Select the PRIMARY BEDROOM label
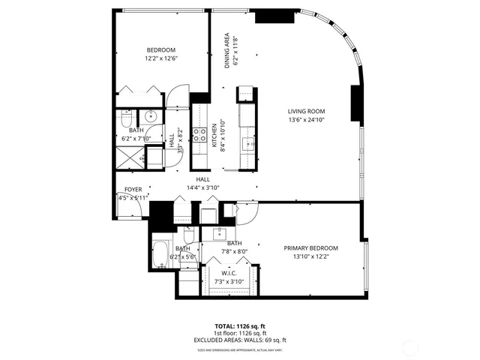coord(310,248)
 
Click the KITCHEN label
coord(214,136)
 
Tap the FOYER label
coord(133,190)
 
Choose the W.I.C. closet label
coord(230,274)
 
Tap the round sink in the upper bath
coord(151,116)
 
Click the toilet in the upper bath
coord(126,118)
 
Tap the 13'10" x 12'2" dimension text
coord(310,256)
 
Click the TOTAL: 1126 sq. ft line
coord(240,327)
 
